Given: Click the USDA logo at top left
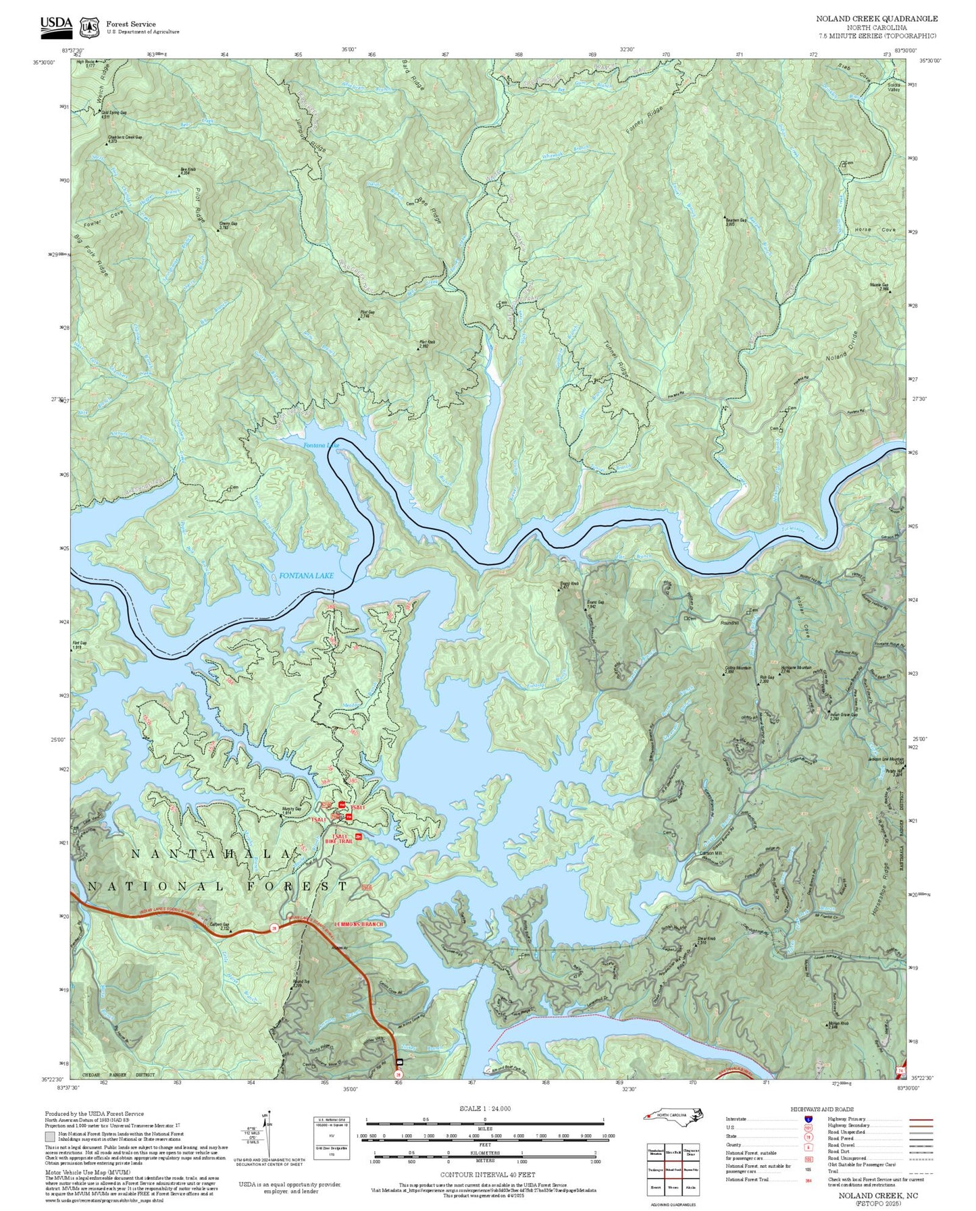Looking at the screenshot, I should click(56, 24).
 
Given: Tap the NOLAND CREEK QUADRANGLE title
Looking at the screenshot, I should click(876, 19).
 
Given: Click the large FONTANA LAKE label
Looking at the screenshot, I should click(306, 576).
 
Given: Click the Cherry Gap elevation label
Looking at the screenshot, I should click(228, 225).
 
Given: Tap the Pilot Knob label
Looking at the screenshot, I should click(427, 344).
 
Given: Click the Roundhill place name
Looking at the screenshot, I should click(729, 623).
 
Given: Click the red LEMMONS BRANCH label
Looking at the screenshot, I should click(358, 924).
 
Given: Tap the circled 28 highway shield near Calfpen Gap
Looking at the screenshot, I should click(274, 929).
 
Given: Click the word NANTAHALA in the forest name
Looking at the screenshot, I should click(212, 855).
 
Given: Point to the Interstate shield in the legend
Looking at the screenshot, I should click(808, 1119).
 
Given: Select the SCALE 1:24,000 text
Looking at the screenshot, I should click(484, 1108).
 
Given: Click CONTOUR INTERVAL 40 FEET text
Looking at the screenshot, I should click(487, 1175).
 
